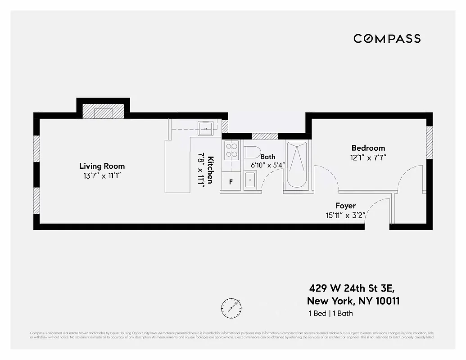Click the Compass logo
387,39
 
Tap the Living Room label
102,166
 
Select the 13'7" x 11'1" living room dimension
102,176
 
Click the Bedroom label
368,148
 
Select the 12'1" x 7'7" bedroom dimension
368,157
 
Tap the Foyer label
345,206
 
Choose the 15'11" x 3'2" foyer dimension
345,215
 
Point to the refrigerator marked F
231,182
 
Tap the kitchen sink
206,128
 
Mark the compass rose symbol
231,307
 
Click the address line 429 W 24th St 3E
353,288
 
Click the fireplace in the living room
103,112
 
